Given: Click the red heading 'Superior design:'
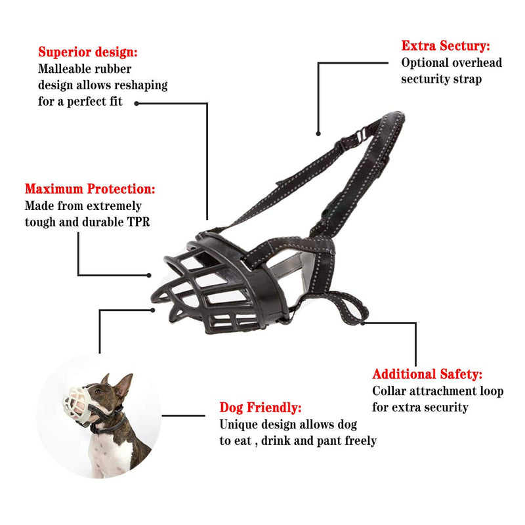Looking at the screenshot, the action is (88, 52).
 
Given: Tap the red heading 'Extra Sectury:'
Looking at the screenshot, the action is (446, 46).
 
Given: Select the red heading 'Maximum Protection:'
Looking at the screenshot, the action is (90, 189).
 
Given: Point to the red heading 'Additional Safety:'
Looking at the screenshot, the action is (427, 374).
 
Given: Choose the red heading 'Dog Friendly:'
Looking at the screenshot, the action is (261, 408).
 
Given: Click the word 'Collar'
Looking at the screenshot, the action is (389, 390).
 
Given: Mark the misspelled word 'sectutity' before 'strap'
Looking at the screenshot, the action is (425, 79).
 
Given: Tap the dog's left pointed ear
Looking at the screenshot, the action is (125, 385).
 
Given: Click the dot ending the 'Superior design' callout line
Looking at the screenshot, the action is (136, 104).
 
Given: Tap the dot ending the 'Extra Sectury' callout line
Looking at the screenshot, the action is (318, 134).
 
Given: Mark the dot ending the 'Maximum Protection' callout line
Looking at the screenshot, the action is (149, 275).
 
